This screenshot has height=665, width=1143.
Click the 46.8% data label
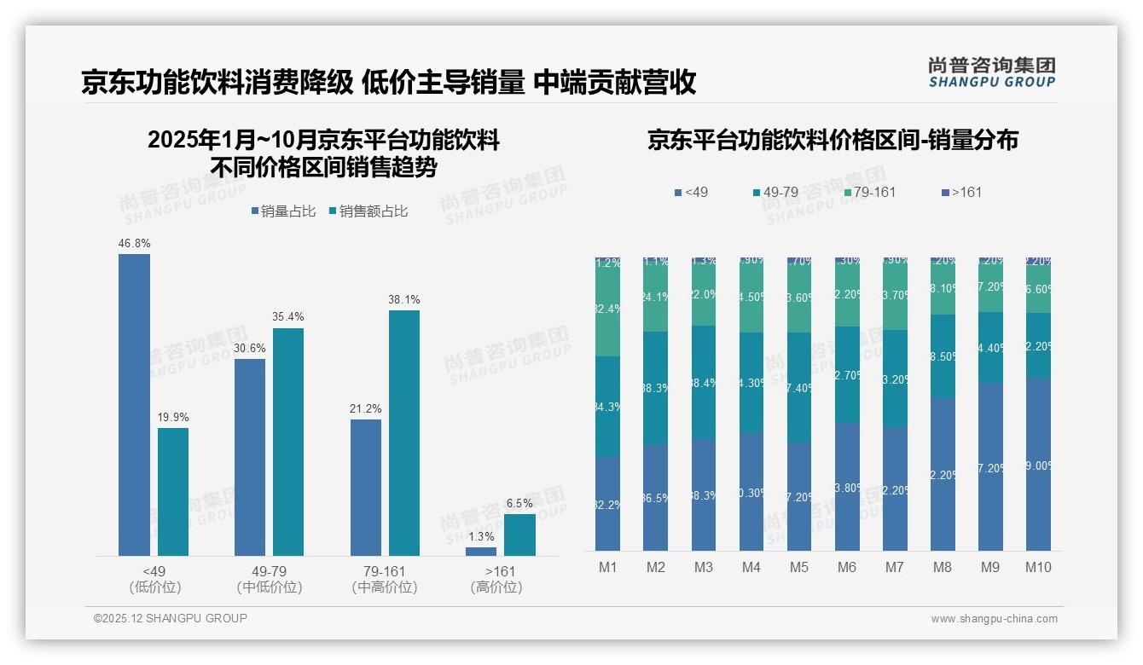pyautogui.click(x=134, y=243)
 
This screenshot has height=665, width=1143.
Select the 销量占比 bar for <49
pyautogui.click(x=134, y=405)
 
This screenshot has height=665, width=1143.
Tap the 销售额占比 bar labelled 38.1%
pyautogui.click(x=404, y=433)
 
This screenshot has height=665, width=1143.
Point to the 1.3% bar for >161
pyautogui.click(x=481, y=552)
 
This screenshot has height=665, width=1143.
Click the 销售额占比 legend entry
pyautogui.click(x=368, y=211)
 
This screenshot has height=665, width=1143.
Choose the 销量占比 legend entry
pyautogui.click(x=287, y=211)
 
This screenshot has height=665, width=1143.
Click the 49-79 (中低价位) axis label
pyautogui.click(x=270, y=579)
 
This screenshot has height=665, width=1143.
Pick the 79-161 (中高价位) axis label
pyautogui.click(x=385, y=579)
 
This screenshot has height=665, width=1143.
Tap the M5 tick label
pyautogui.click(x=798, y=567)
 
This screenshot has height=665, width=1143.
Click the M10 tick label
pyautogui.click(x=1037, y=567)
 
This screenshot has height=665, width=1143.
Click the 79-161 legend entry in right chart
pyautogui.click(x=870, y=192)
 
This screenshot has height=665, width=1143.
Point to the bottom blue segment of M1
pyautogui.click(x=607, y=503)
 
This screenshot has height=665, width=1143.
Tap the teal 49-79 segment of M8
pyautogui.click(x=943, y=356)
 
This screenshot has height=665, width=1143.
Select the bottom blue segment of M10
pyautogui.click(x=1038, y=465)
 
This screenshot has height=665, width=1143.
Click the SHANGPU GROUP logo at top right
pyautogui.click(x=991, y=72)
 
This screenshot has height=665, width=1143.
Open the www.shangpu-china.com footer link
pyautogui.click(x=994, y=619)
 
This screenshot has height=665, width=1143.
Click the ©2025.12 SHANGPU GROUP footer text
pyautogui.click(x=171, y=618)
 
